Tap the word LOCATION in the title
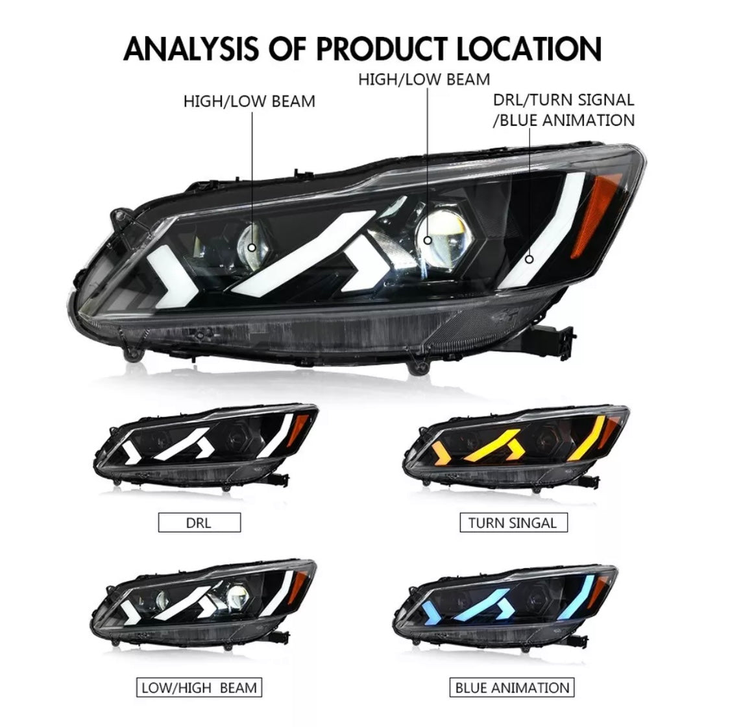pyautogui.click(x=529, y=49)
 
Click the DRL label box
pyautogui.click(x=199, y=523)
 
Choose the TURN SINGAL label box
pyautogui.click(x=513, y=523)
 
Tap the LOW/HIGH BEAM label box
pyautogui.click(x=199, y=687)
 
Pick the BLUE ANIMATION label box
pyautogui.click(x=512, y=687)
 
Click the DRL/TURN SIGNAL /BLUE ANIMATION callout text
pyautogui.click(x=564, y=110)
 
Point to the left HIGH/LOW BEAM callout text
pyautogui.click(x=249, y=101)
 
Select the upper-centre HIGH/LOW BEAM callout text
pyautogui.click(x=424, y=80)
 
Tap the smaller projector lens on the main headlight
pyautogui.click(x=253, y=245)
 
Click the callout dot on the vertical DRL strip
pyautogui.click(x=529, y=259)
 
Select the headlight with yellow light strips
pyautogui.click(x=516, y=447)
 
